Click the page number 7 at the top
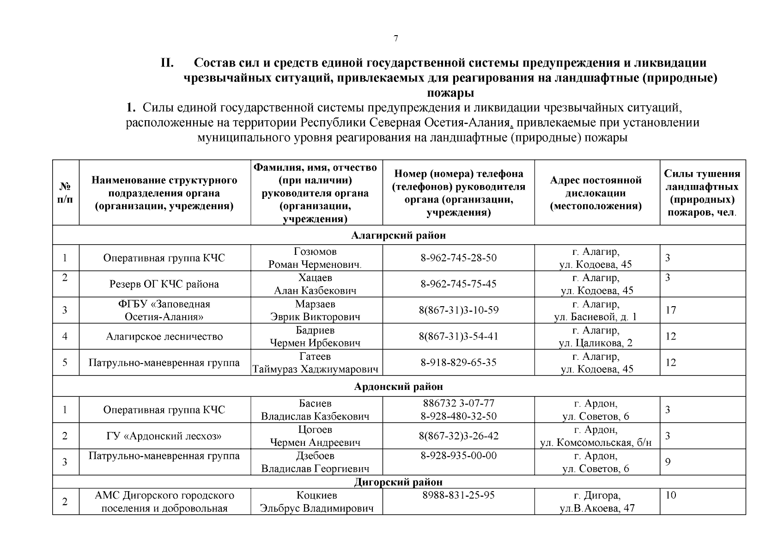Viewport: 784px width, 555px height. [x=395, y=39]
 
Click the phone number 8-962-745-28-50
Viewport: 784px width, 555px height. [x=458, y=258]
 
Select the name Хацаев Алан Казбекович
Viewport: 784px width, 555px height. [x=316, y=284]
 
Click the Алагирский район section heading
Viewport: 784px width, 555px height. [x=399, y=235]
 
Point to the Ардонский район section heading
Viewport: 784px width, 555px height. [x=399, y=387]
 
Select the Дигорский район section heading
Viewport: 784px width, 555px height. [x=399, y=482]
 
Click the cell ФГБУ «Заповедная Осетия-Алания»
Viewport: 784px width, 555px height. [x=164, y=310]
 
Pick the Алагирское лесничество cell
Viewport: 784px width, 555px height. [x=164, y=337]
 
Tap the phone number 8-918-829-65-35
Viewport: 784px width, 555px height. [x=458, y=363]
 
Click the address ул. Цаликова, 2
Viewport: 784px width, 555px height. [x=596, y=343]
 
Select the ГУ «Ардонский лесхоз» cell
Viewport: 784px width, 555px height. [x=164, y=436]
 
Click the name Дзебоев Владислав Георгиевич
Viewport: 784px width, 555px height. [x=316, y=462]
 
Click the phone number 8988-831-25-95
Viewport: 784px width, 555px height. [x=458, y=495]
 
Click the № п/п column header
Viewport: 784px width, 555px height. [x=66, y=193]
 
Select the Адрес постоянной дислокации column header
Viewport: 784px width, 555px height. [x=596, y=193]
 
